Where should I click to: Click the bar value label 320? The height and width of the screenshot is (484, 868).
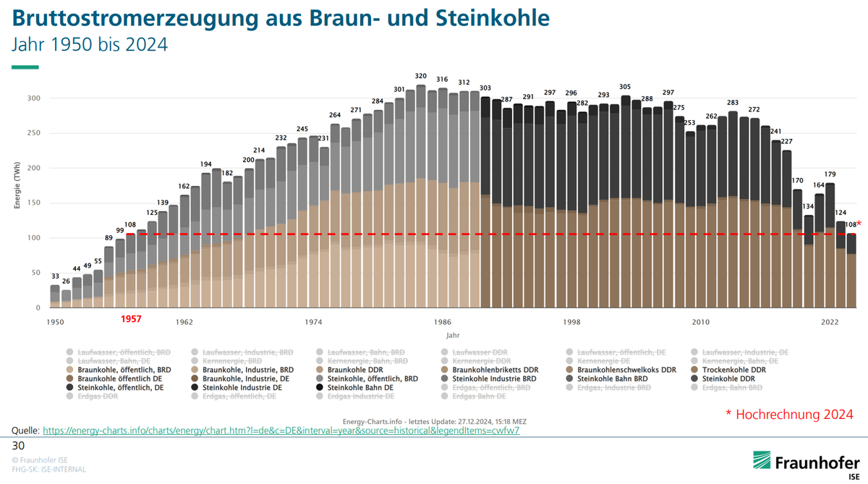[420, 76]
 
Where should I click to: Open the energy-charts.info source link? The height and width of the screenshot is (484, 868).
[281, 430]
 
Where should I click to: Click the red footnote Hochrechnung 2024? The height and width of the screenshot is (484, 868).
[789, 414]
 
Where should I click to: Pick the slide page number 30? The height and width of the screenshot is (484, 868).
[19, 446]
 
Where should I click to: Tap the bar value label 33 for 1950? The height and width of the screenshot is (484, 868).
[55, 276]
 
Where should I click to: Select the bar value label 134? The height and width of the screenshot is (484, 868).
[809, 206]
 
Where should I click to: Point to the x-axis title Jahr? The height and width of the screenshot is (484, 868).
[452, 336]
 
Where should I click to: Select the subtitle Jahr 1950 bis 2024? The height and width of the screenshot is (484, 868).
[90, 45]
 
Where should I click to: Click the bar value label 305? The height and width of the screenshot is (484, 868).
[626, 87]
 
